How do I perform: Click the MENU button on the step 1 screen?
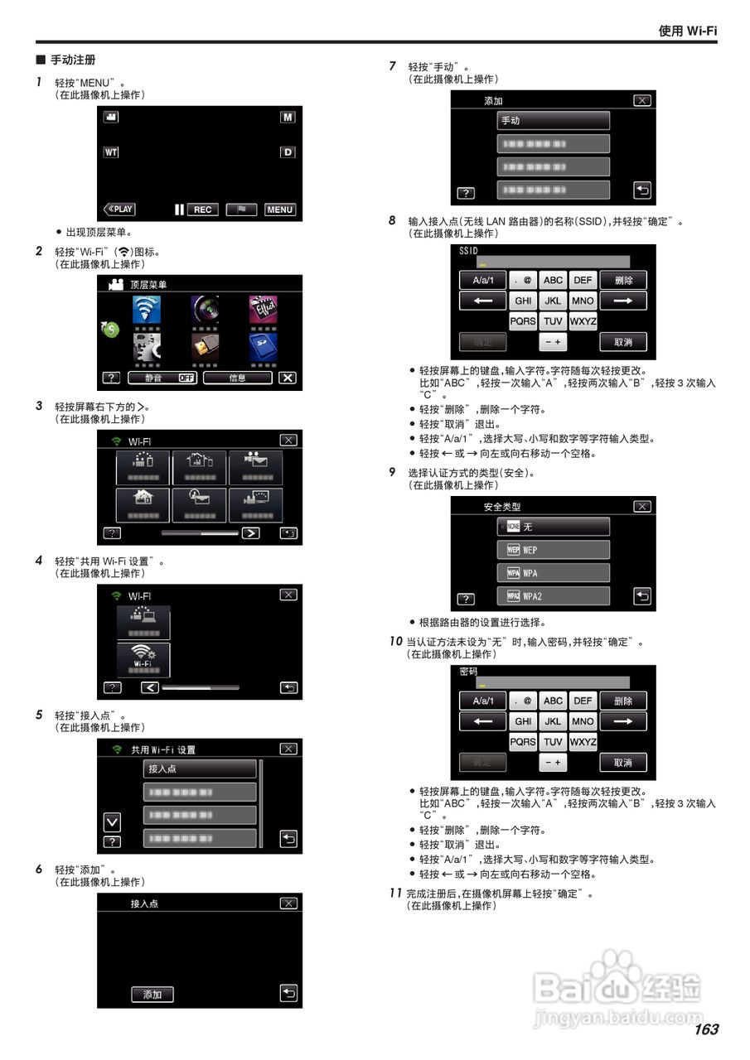pyautogui.click(x=280, y=210)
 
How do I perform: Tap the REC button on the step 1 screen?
pyautogui.click(x=202, y=210)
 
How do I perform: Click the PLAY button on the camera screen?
pyautogui.click(x=119, y=210)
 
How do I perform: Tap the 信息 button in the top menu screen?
pyautogui.click(x=238, y=378)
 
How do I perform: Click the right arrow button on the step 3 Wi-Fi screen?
pyautogui.click(x=250, y=532)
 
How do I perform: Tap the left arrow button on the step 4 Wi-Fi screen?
pyautogui.click(x=149, y=687)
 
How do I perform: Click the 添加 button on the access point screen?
pyautogui.click(x=152, y=994)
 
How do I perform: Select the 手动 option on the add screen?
pyautogui.click(x=553, y=120)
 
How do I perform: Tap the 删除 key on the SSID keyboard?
pyautogui.click(x=623, y=280)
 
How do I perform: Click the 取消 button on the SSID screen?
pyautogui.click(x=623, y=342)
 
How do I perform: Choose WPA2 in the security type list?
pyautogui.click(x=553, y=596)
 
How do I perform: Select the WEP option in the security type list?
pyautogui.click(x=553, y=550)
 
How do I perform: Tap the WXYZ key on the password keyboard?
pyautogui.click(x=583, y=742)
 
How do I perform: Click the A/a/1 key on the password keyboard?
pyautogui.click(x=483, y=701)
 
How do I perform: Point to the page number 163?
pyautogui.click(x=706, y=1029)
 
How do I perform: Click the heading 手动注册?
pyautogui.click(x=73, y=60)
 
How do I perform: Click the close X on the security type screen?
pyautogui.click(x=641, y=506)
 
